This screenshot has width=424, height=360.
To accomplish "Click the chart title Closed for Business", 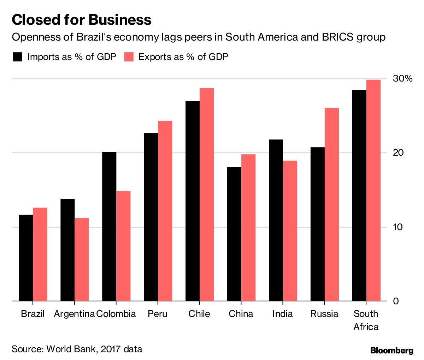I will [82, 20].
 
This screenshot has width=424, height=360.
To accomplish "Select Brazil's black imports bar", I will [26, 258].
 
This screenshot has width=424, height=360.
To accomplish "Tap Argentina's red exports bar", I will [82, 259].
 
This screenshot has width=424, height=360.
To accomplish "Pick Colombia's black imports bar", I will [109, 226].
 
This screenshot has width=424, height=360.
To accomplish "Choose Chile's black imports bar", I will [193, 201].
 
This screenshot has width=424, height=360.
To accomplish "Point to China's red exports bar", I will [248, 228].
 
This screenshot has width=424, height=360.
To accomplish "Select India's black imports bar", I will [276, 220].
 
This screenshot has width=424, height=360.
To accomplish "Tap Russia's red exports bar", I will [332, 204].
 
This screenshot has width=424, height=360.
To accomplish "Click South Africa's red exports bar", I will [373, 190].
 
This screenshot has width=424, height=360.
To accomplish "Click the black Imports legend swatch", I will [17, 57].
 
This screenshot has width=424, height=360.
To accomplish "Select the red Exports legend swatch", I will [129, 57].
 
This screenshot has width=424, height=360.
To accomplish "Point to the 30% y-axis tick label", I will [403, 78].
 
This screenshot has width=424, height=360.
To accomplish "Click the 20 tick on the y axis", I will [398, 153].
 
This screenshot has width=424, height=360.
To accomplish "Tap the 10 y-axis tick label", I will [398, 227].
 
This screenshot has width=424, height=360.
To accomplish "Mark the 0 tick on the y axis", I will [396, 301].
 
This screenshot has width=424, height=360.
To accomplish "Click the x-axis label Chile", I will [199, 314].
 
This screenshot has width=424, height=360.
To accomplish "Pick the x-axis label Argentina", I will [74, 314].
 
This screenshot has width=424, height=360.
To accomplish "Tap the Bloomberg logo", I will [392, 350].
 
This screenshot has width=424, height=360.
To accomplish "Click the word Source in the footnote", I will [27, 349].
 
